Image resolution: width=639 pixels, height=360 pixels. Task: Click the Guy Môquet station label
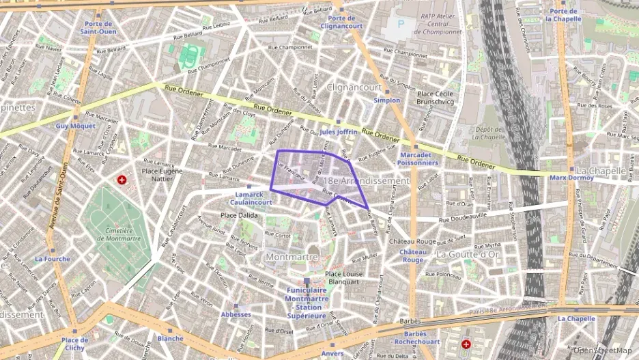point(71,126)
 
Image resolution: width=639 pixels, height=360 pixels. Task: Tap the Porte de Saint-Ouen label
point(96,27)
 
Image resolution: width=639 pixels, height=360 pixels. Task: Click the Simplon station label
point(387,100)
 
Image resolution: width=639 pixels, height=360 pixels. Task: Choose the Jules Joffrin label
point(339,131)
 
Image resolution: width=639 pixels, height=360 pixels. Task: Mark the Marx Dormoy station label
point(569,179)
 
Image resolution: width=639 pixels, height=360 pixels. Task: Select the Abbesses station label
point(236,314)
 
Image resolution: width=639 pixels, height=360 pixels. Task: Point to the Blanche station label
point(170,338)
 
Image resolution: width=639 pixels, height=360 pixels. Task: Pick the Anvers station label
point(332,353)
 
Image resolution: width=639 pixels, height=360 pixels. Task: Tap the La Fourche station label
point(53,259)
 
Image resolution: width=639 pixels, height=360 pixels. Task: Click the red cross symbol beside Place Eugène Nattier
point(122,180)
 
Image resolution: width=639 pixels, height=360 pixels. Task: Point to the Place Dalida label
point(238,215)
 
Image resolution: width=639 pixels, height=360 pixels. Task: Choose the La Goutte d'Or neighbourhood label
point(468,253)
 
